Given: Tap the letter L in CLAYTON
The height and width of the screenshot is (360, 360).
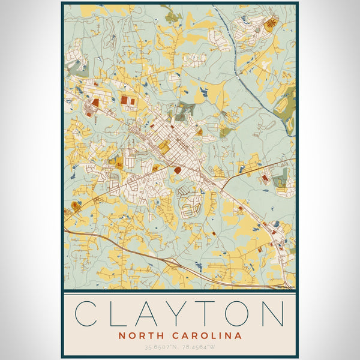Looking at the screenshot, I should (119, 314).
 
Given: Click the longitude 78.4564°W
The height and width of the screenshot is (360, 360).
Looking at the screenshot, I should (199, 347).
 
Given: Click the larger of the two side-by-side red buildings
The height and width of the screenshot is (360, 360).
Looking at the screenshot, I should (125, 100).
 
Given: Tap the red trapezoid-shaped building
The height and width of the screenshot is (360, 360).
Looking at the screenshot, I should (95, 103).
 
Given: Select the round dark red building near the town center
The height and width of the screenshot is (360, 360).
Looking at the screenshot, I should (177, 170).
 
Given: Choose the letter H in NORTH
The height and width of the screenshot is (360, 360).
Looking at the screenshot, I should (157, 336).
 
